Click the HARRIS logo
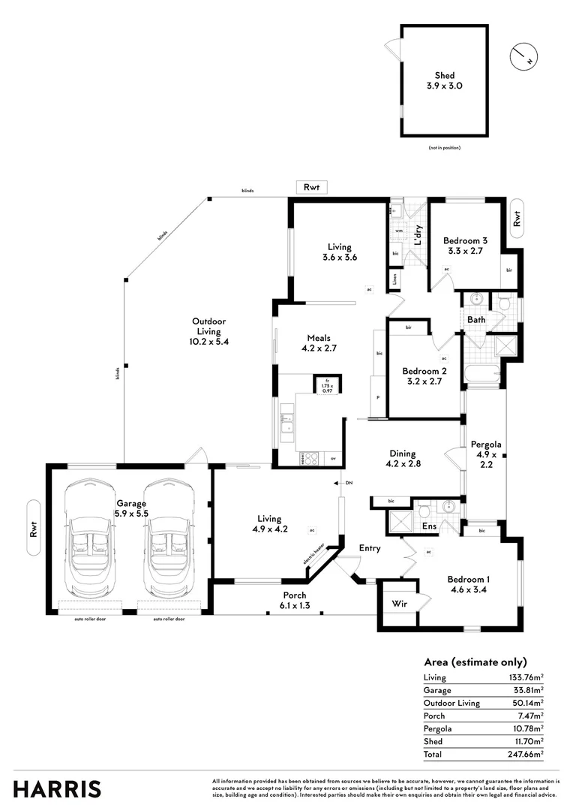tap(57, 788)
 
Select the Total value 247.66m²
tap(526, 754)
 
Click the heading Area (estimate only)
tap(475, 662)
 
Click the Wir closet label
tap(398, 603)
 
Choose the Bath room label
tap(476, 320)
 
